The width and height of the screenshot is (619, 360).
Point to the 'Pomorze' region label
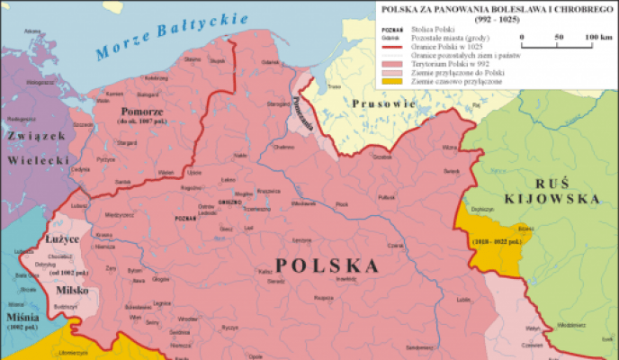click(x=140, y=112)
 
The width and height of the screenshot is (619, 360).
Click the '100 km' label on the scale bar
click(x=598, y=37)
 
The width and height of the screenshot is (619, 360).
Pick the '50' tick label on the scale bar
click(x=559, y=37)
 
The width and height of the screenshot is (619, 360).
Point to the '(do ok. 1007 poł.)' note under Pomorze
click(x=140, y=122)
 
